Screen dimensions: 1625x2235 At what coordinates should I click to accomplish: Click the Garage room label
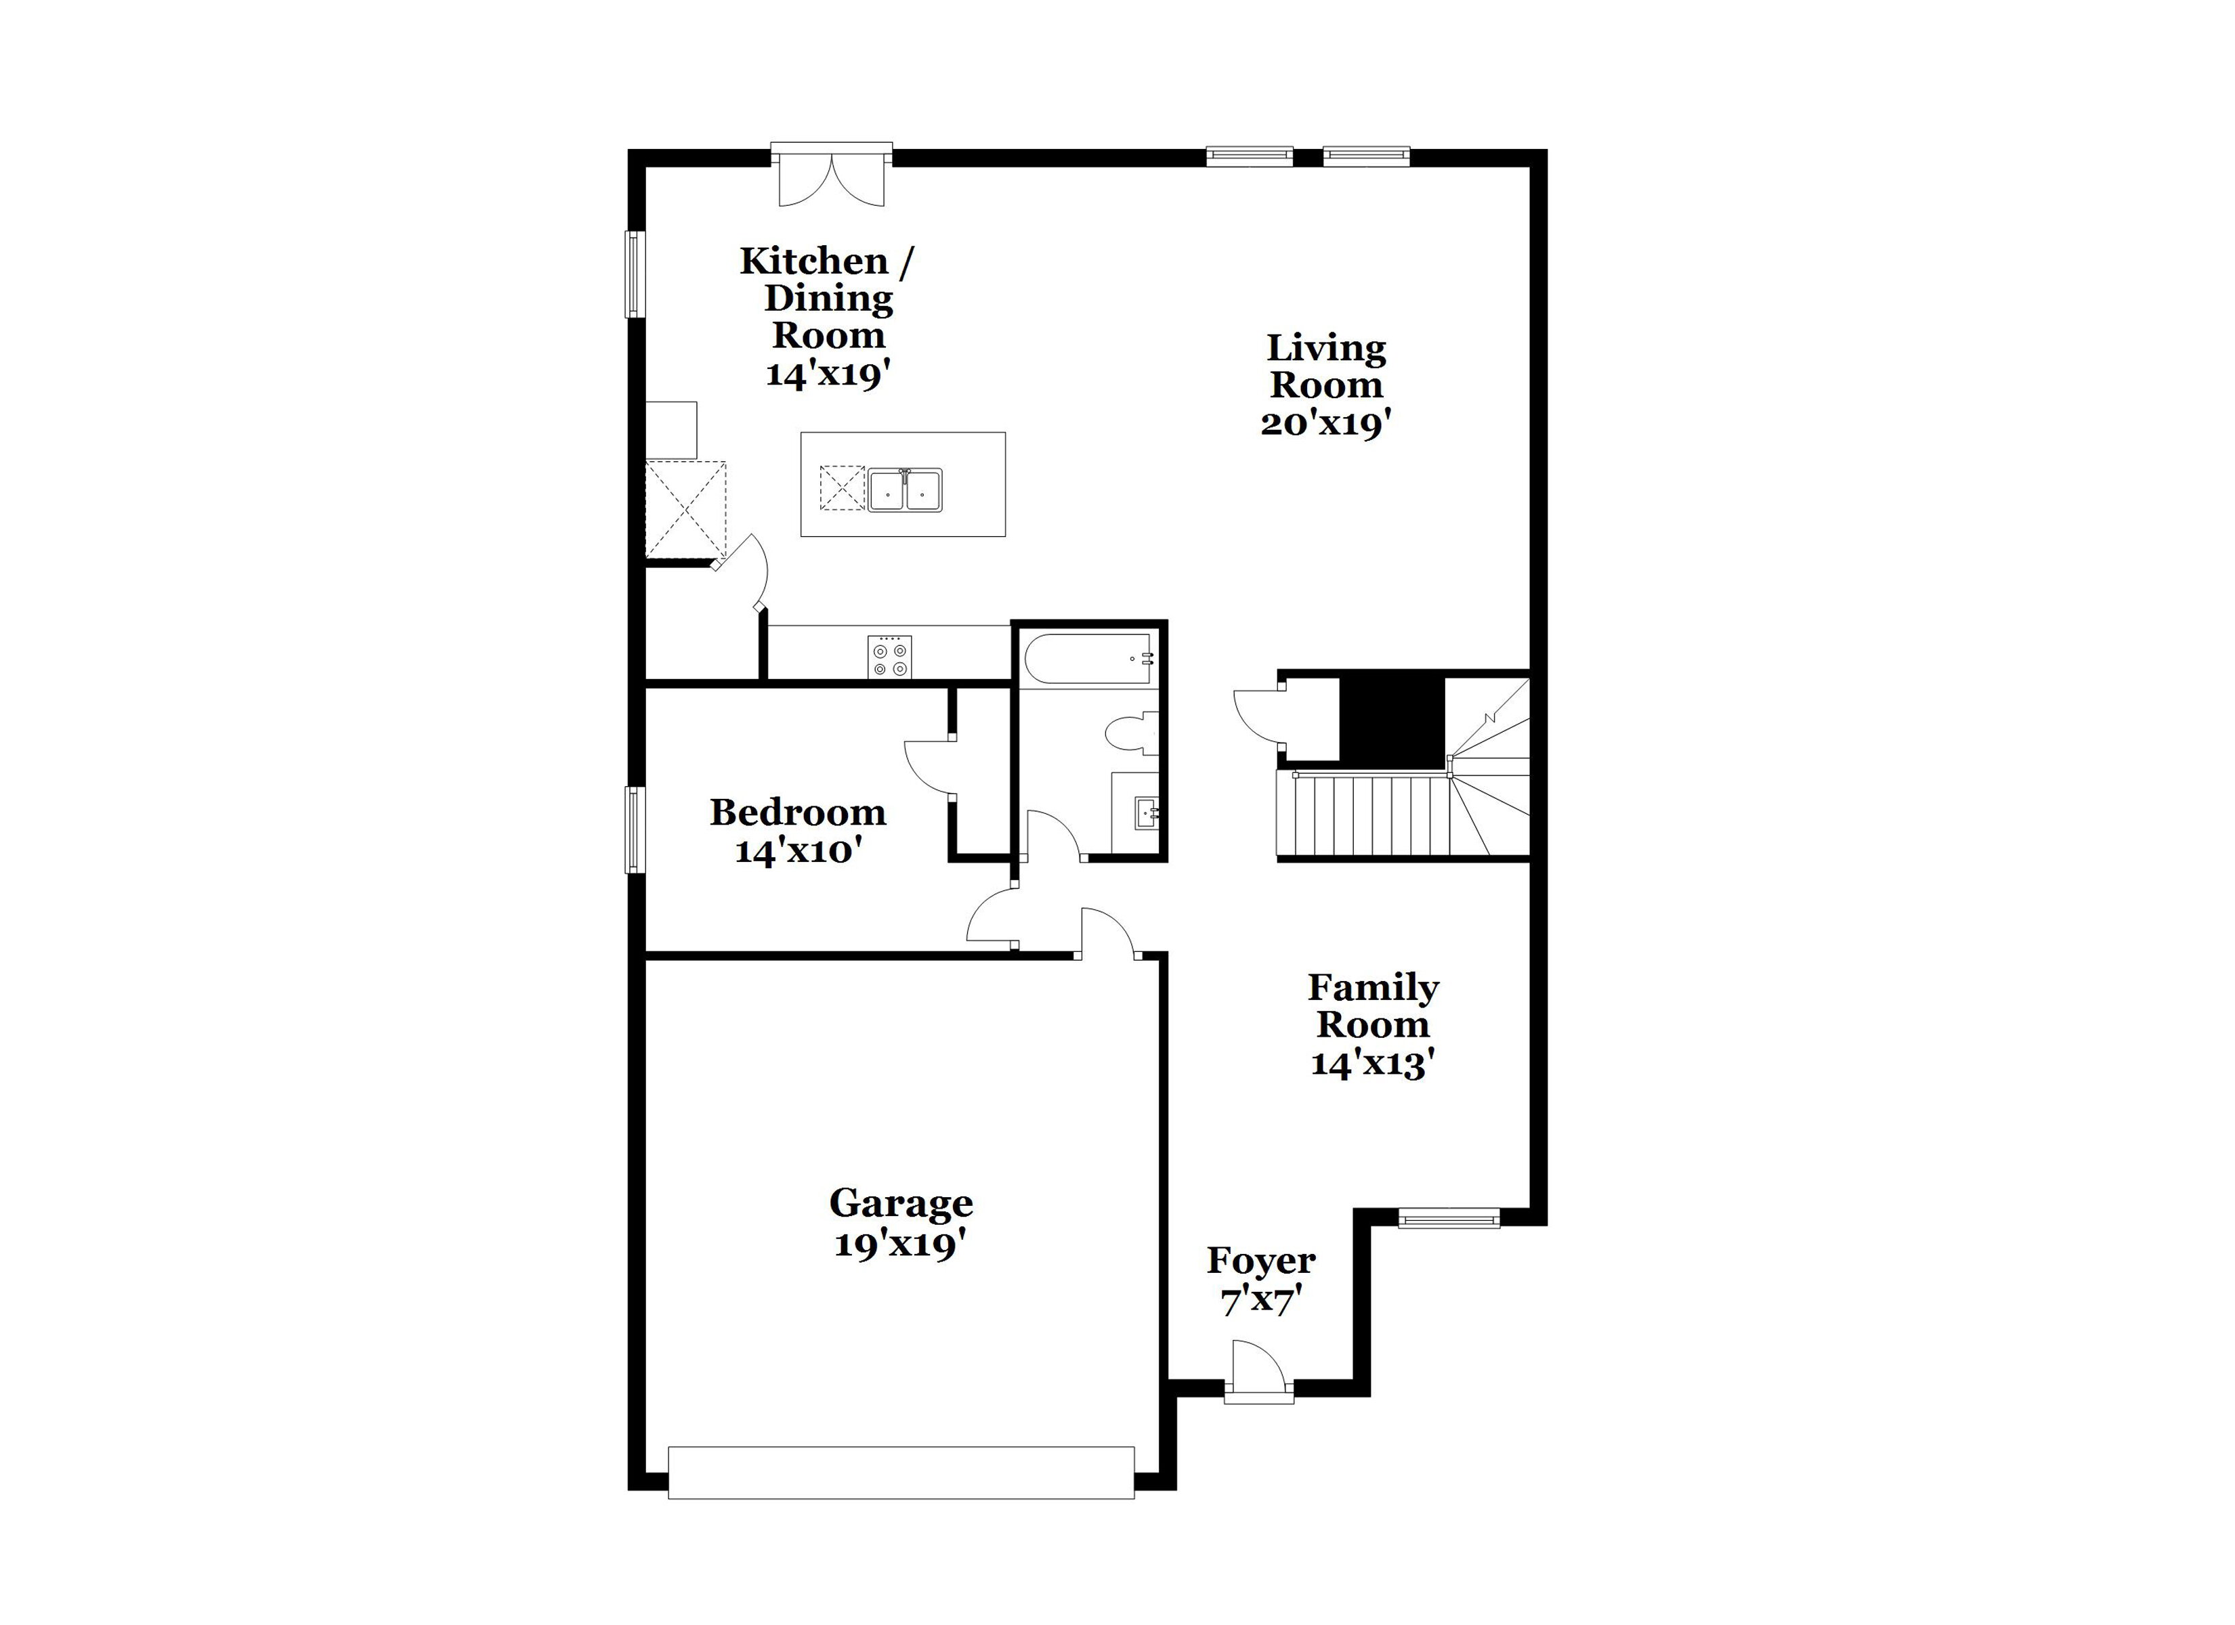[901, 1202]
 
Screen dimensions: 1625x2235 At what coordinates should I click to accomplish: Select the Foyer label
[1261, 1260]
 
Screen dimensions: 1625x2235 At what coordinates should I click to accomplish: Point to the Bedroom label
[799, 813]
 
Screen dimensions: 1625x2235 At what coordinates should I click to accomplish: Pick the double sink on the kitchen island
[905, 490]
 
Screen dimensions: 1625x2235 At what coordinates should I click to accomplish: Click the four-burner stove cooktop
[889, 656]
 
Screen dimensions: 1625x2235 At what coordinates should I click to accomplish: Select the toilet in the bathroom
[1132, 734]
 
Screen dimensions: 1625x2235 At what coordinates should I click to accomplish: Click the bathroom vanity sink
[1146, 814]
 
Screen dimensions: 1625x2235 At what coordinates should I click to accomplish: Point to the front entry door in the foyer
[1258, 1370]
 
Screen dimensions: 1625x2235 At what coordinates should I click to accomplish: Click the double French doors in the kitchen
[832, 178]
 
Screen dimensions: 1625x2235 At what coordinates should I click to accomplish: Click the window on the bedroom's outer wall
[635, 829]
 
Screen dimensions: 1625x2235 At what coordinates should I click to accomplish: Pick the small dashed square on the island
[842, 489]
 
